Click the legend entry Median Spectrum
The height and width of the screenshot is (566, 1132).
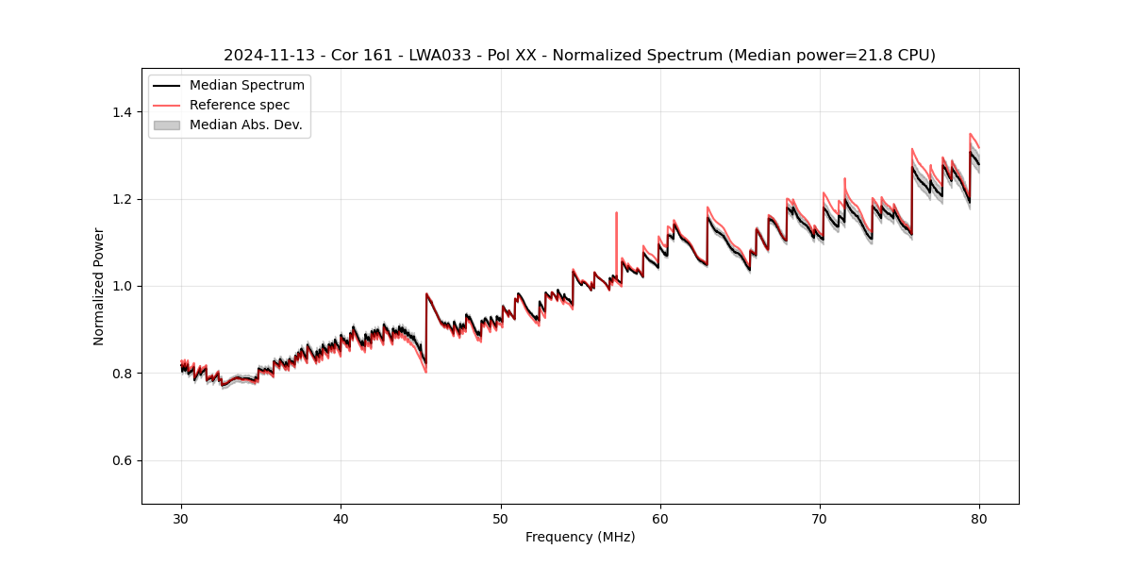(246, 86)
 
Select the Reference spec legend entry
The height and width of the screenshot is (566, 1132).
(240, 105)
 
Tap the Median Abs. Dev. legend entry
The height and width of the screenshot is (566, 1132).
(245, 125)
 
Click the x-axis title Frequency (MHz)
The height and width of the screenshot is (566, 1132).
(580, 537)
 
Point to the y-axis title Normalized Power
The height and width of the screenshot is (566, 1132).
(98, 286)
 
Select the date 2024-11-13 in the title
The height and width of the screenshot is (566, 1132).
(265, 56)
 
